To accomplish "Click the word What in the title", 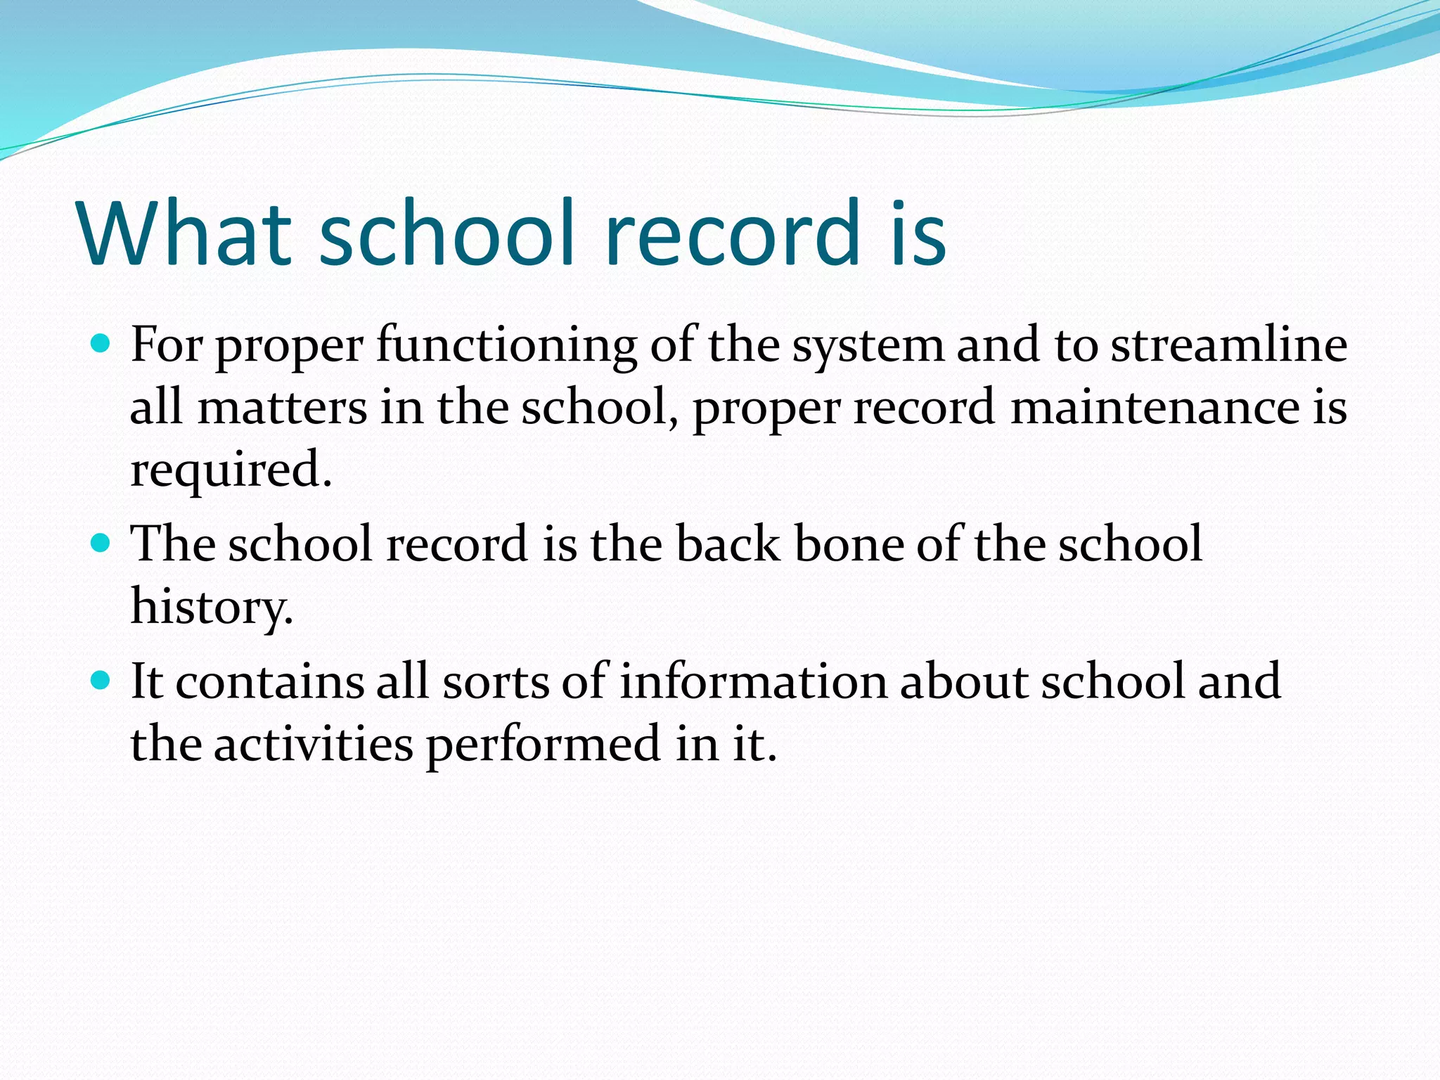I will coord(184,233).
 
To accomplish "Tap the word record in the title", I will coord(731,233).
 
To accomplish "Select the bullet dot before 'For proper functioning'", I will coord(101,344).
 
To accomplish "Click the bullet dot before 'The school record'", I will coord(101,544).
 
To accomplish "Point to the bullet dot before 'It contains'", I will coord(101,681).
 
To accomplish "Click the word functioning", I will coord(506,347).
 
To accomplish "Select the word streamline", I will coord(1228,345).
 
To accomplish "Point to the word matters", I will coord(282,408).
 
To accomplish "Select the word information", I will coord(753,681).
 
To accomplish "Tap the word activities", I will coord(313,744).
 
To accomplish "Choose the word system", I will coord(868,347).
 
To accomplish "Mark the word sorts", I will coord(495,683).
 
